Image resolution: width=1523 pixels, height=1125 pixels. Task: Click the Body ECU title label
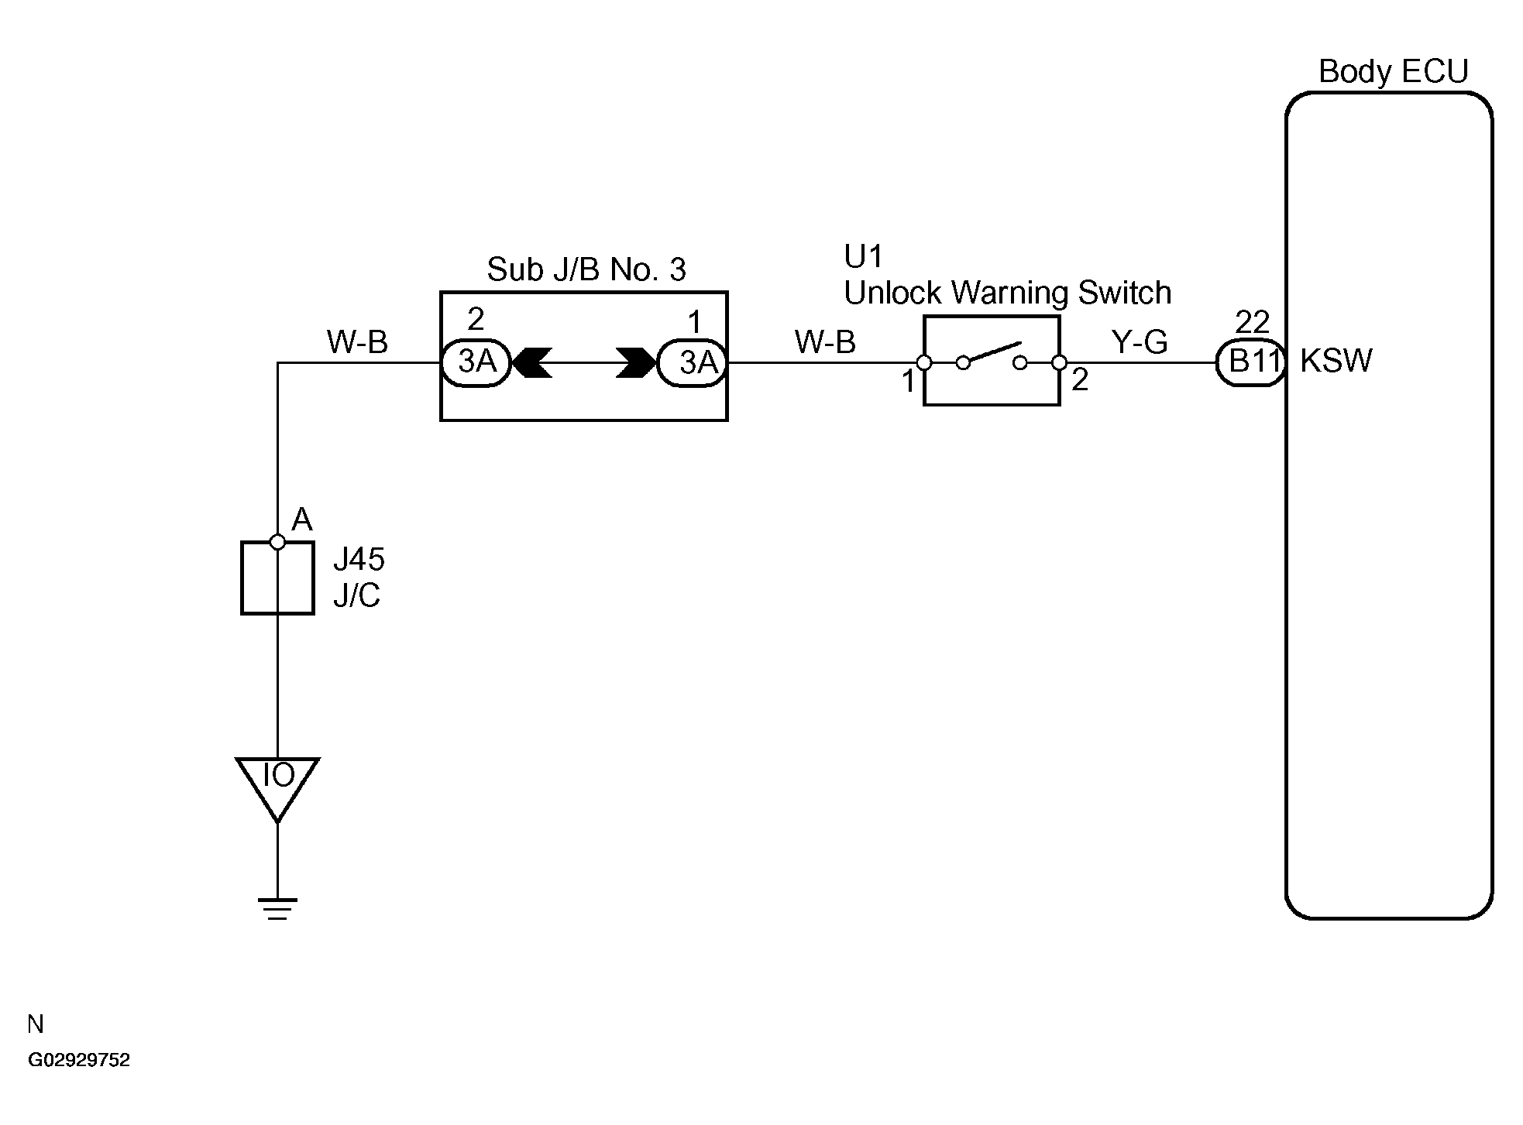[1393, 71]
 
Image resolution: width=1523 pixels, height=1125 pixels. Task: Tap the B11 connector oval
[1250, 362]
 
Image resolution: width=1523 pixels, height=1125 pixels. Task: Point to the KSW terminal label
[1336, 361]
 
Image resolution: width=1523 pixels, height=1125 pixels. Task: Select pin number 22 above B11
[1252, 322]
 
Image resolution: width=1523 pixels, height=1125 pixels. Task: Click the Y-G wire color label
[1140, 341]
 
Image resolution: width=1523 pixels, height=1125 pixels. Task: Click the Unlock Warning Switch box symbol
[992, 360]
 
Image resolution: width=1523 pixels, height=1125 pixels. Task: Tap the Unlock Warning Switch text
[1007, 293]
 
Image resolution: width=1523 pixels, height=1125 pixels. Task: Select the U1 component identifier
[863, 256]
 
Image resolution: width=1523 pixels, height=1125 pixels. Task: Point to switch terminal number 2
[1080, 380]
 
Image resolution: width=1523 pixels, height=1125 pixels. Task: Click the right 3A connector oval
[692, 362]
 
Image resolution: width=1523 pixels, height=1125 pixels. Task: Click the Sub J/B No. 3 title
[586, 269]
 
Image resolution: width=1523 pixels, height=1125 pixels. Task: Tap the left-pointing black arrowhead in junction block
[532, 362]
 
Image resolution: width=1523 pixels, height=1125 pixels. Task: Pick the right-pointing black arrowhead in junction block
[636, 362]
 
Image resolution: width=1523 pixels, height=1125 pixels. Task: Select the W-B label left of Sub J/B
[357, 341]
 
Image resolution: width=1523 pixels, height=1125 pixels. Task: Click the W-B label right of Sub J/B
[825, 341]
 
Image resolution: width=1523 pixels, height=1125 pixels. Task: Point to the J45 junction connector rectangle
[277, 578]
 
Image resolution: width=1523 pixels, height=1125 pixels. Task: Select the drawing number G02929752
[79, 1060]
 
